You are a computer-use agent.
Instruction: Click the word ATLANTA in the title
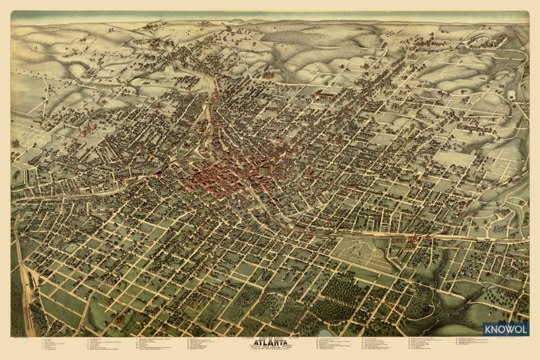click(x=269, y=343)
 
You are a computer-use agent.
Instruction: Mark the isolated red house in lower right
click(x=487, y=274)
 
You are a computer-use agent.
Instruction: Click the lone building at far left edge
click(x=15, y=143)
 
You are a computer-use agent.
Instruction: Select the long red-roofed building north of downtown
click(x=325, y=93)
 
